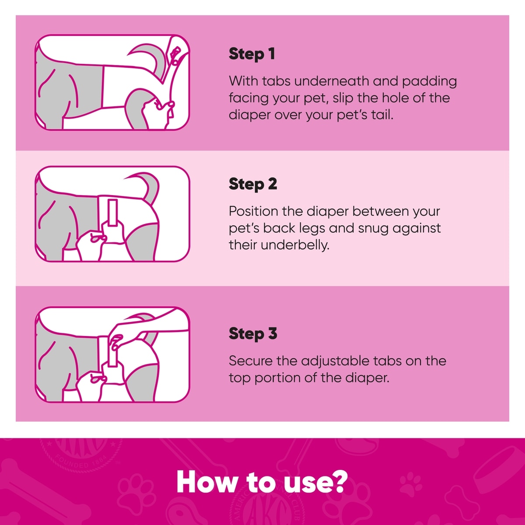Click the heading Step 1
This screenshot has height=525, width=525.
coord(252,54)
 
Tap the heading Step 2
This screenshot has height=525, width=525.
coord(253,184)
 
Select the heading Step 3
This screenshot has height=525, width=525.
coord(253,333)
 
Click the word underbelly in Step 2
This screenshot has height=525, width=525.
coord(295,245)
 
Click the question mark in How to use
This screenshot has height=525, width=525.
coord(340,481)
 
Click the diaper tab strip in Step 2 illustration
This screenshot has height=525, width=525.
coord(112,213)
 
